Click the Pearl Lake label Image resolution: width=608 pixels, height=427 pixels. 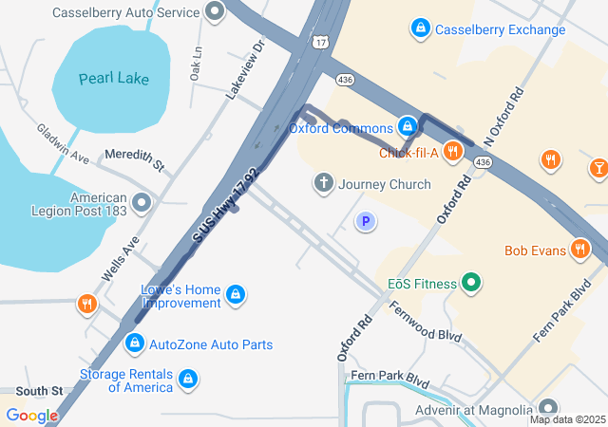tap(114, 78)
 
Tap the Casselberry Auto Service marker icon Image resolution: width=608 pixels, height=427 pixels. tap(215, 13)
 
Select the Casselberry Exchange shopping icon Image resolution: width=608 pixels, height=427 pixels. tap(420, 28)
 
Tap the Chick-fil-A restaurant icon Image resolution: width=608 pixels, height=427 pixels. tap(452, 152)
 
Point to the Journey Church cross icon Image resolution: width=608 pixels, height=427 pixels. tap(323, 183)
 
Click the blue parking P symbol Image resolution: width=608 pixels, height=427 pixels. tap(366, 222)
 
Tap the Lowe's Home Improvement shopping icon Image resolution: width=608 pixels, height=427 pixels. tap(236, 296)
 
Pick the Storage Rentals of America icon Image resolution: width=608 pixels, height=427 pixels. tap(188, 380)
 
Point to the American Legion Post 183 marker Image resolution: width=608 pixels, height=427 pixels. tap(142, 203)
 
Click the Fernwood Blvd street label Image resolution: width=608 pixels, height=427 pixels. tap(425, 322)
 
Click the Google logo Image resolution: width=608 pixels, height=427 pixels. tap(32, 415)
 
